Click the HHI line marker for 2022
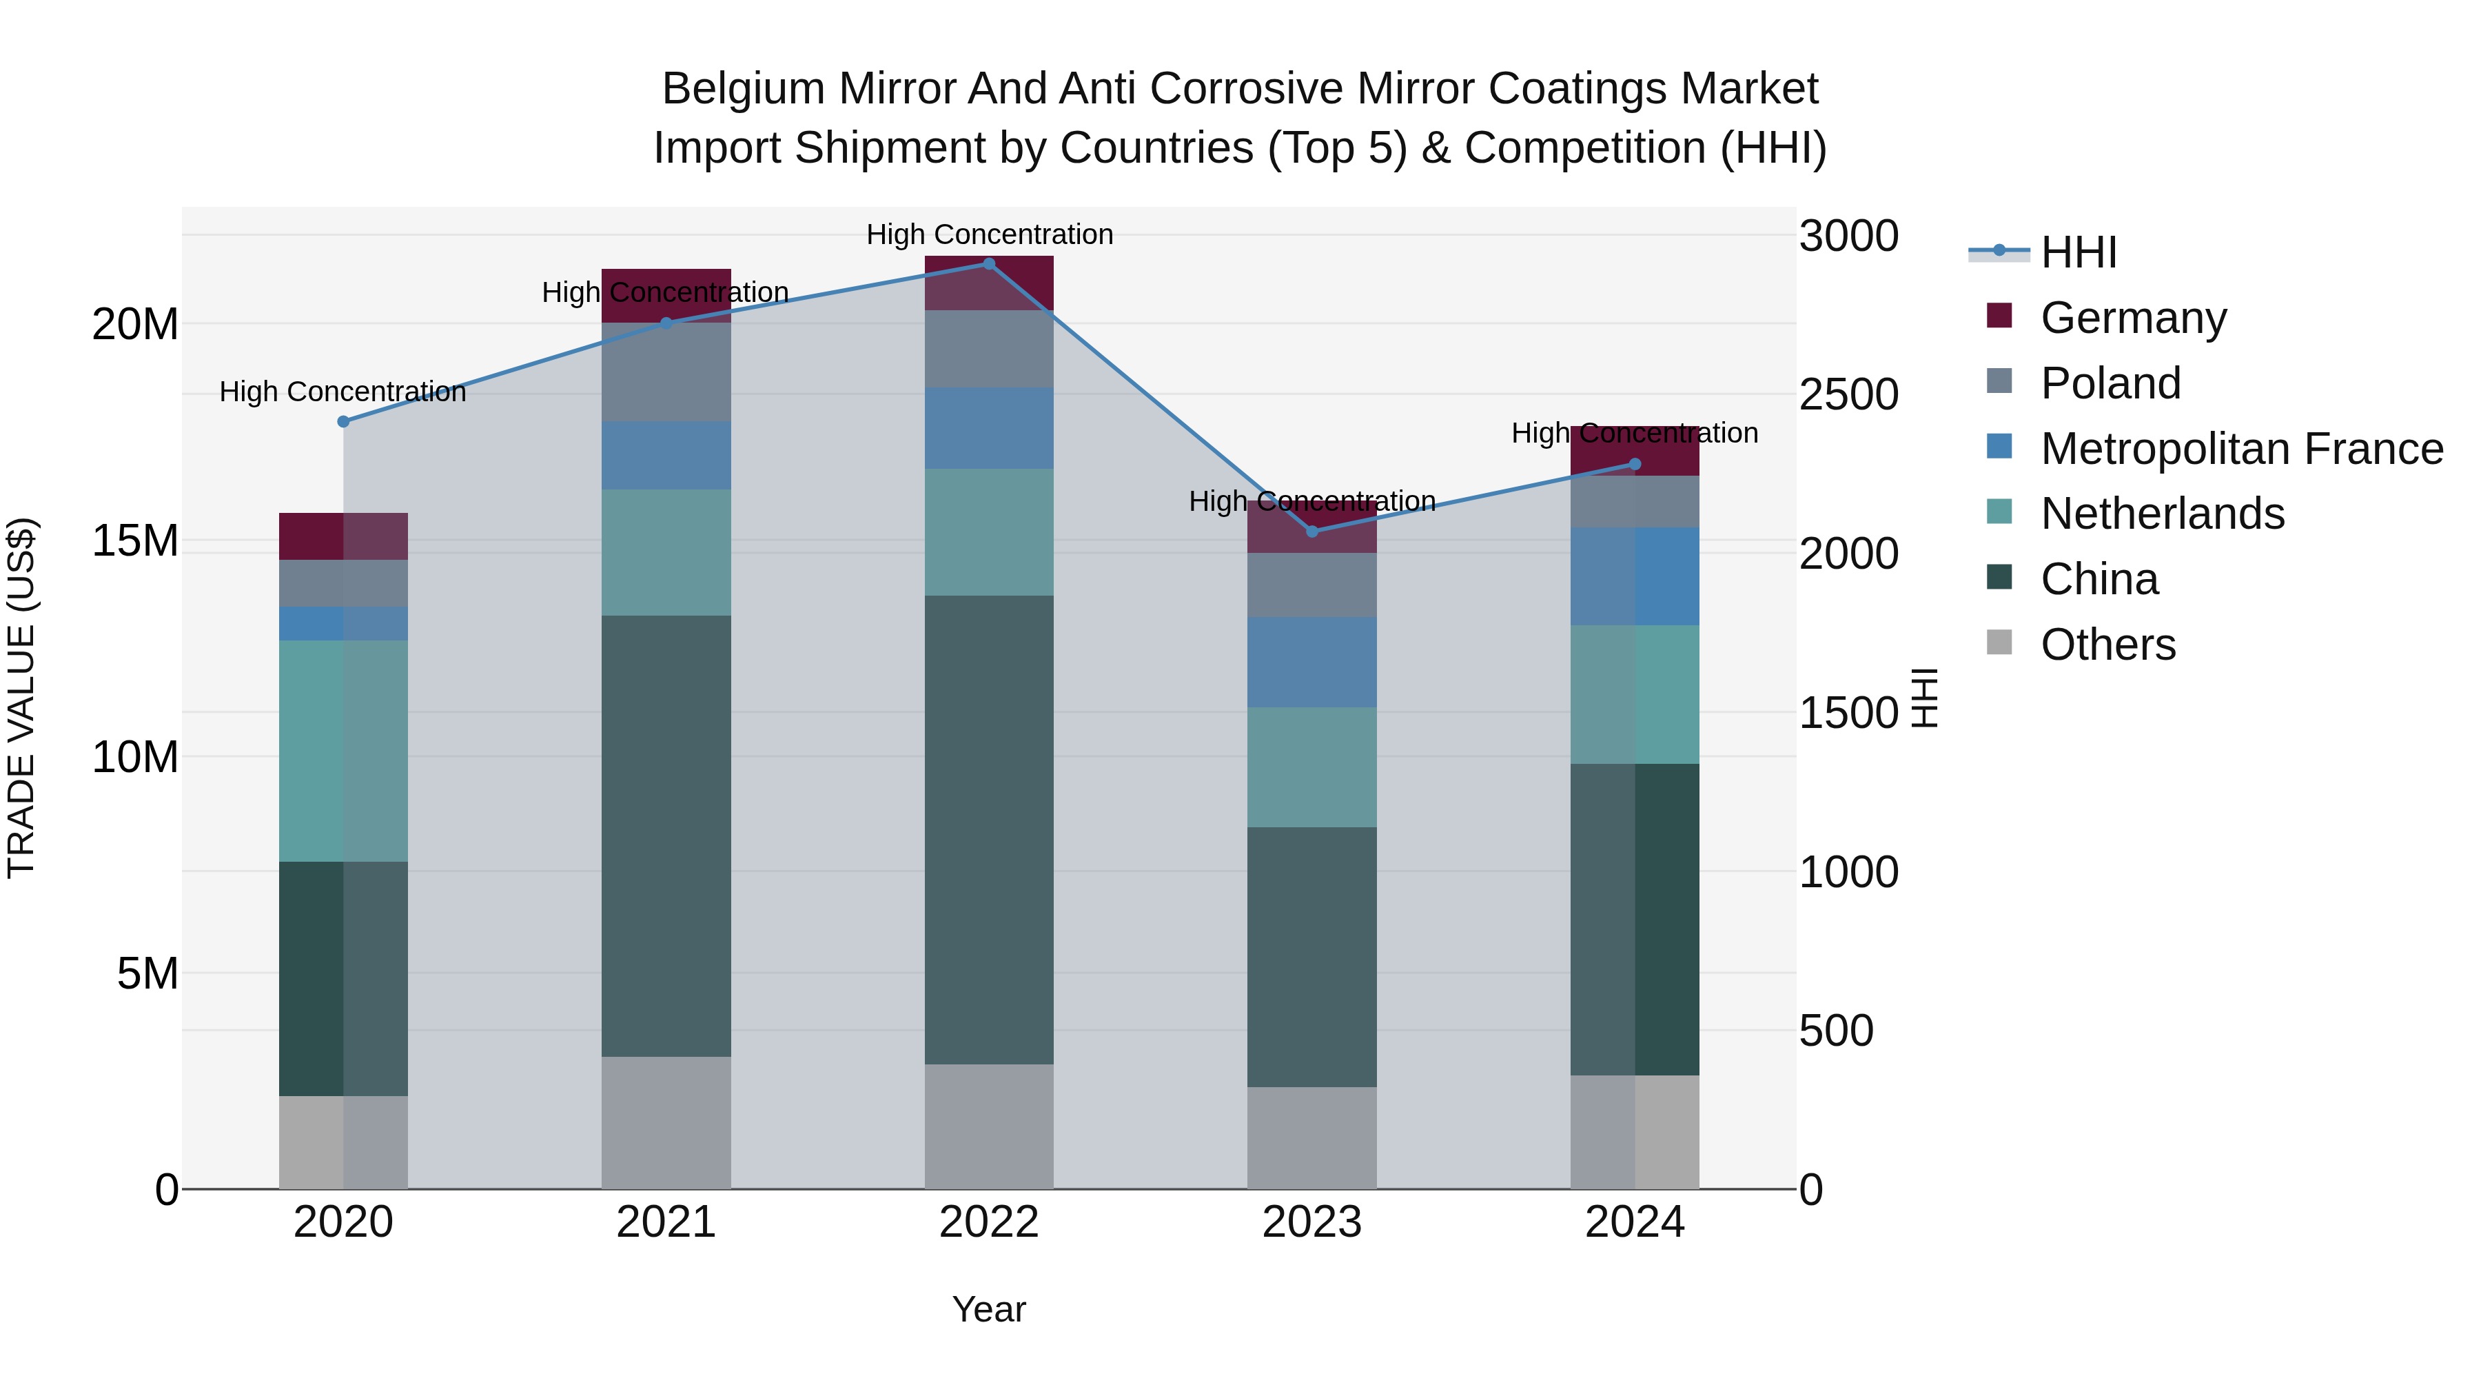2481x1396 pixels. point(989,264)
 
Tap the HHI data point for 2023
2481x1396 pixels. point(1311,532)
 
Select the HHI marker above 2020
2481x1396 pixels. point(344,422)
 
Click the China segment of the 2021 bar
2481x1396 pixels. point(666,836)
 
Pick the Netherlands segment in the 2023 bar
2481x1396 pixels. point(1311,768)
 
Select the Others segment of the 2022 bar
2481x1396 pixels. point(989,1126)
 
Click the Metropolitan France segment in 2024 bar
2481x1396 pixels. point(1635,576)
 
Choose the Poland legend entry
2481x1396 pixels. point(2110,383)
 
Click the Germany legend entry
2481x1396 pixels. point(2132,318)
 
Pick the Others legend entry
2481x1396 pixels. point(2107,645)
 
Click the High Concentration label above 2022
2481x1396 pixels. point(989,234)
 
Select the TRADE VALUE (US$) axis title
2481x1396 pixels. point(21,698)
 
